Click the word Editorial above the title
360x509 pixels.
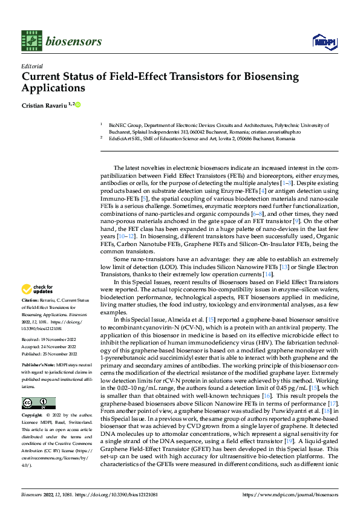pyautogui.click(x=31, y=66)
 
